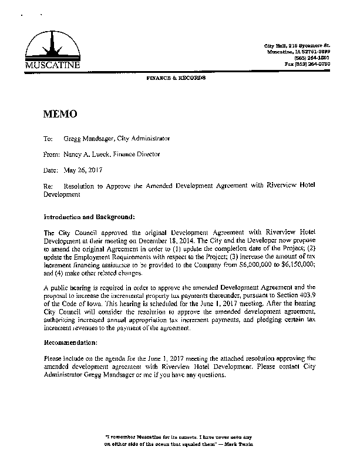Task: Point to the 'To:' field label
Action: pyautogui.click(x=48, y=139)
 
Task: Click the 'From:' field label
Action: pyautogui.click(x=51, y=154)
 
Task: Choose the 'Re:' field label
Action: pyautogui.click(x=48, y=185)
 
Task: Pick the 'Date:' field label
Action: pyautogui.click(x=51, y=170)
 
